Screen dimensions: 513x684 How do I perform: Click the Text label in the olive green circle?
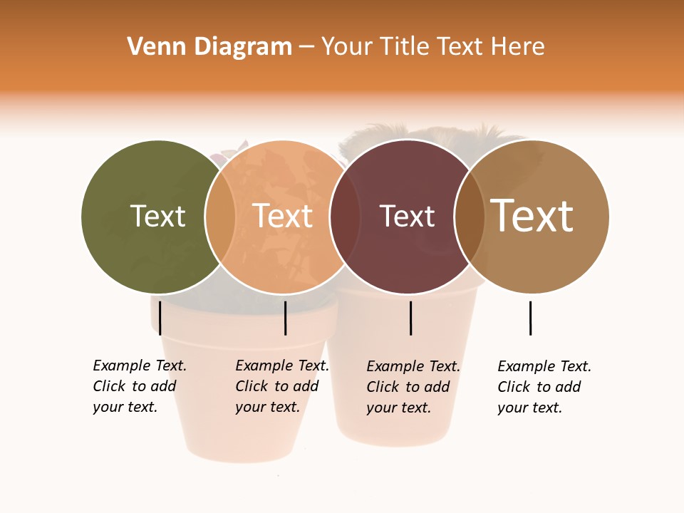click(157, 216)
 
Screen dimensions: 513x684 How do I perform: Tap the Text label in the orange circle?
click(283, 216)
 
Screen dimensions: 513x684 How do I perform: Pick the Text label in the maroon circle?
click(407, 216)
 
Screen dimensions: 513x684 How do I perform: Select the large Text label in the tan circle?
click(532, 216)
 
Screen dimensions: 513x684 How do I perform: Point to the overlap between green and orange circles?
click(220, 217)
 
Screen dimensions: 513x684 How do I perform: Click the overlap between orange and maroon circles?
click(345, 217)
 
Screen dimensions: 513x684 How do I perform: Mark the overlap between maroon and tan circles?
click(470, 217)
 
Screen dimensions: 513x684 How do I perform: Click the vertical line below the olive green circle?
click(160, 318)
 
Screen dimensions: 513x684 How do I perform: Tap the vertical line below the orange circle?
click(285, 318)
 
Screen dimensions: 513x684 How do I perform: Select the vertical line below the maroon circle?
click(410, 318)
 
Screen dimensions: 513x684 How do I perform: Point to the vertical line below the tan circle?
click(530, 318)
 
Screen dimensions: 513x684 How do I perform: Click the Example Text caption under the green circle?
click(139, 386)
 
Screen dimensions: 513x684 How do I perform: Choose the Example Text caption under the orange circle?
click(281, 386)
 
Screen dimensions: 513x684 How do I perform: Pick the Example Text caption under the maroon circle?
click(413, 387)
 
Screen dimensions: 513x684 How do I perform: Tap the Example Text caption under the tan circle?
click(544, 387)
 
